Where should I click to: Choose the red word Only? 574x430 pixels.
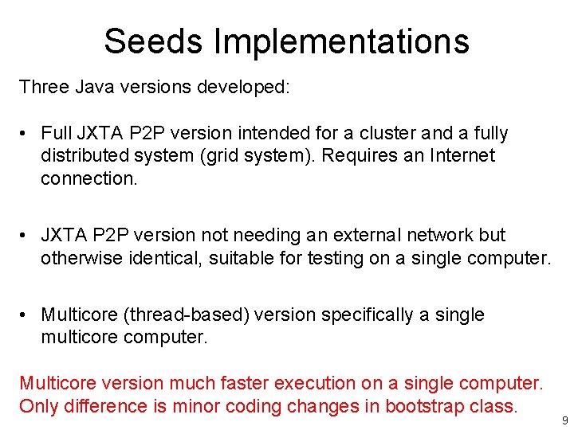(38, 406)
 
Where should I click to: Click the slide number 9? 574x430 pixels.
(564, 420)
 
